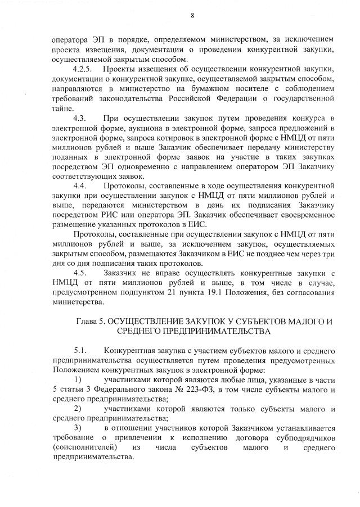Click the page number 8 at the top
click(192, 15)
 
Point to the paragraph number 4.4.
click(79, 185)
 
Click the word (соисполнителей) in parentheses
click(87, 448)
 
